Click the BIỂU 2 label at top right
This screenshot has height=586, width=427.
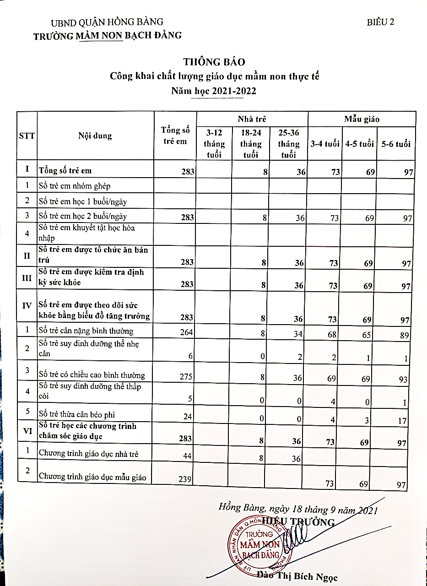(380, 22)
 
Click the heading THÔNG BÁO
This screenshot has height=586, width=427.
(214, 62)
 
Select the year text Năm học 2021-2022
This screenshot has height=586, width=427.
(214, 91)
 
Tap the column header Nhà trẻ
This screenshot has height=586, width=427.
(252, 119)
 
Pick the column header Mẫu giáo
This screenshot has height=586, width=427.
(362, 119)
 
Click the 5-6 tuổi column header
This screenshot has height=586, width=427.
(396, 144)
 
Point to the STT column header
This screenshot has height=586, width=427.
(27, 136)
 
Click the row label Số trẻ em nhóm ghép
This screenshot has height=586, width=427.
(75, 186)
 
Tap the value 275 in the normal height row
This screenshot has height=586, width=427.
(187, 376)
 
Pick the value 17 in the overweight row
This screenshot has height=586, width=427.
(402, 420)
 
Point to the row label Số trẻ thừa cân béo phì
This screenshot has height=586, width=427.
(77, 415)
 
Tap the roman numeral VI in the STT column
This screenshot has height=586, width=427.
(27, 431)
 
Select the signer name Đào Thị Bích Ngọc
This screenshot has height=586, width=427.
(297, 576)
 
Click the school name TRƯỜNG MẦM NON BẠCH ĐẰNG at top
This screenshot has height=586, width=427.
(108, 35)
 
